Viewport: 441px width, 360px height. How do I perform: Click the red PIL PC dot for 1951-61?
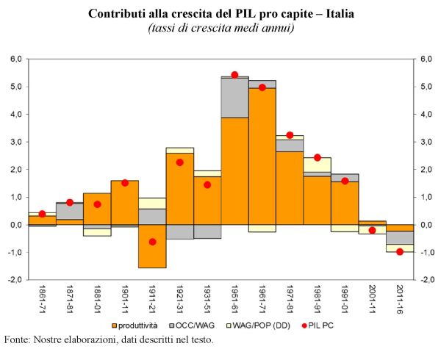(234, 75)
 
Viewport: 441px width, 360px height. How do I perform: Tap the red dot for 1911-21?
(152, 242)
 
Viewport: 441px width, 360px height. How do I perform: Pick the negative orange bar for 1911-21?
(152, 246)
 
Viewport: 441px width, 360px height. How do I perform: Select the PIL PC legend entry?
(312, 325)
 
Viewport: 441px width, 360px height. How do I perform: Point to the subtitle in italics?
(220, 28)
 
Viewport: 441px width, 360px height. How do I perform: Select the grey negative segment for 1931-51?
(207, 231)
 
